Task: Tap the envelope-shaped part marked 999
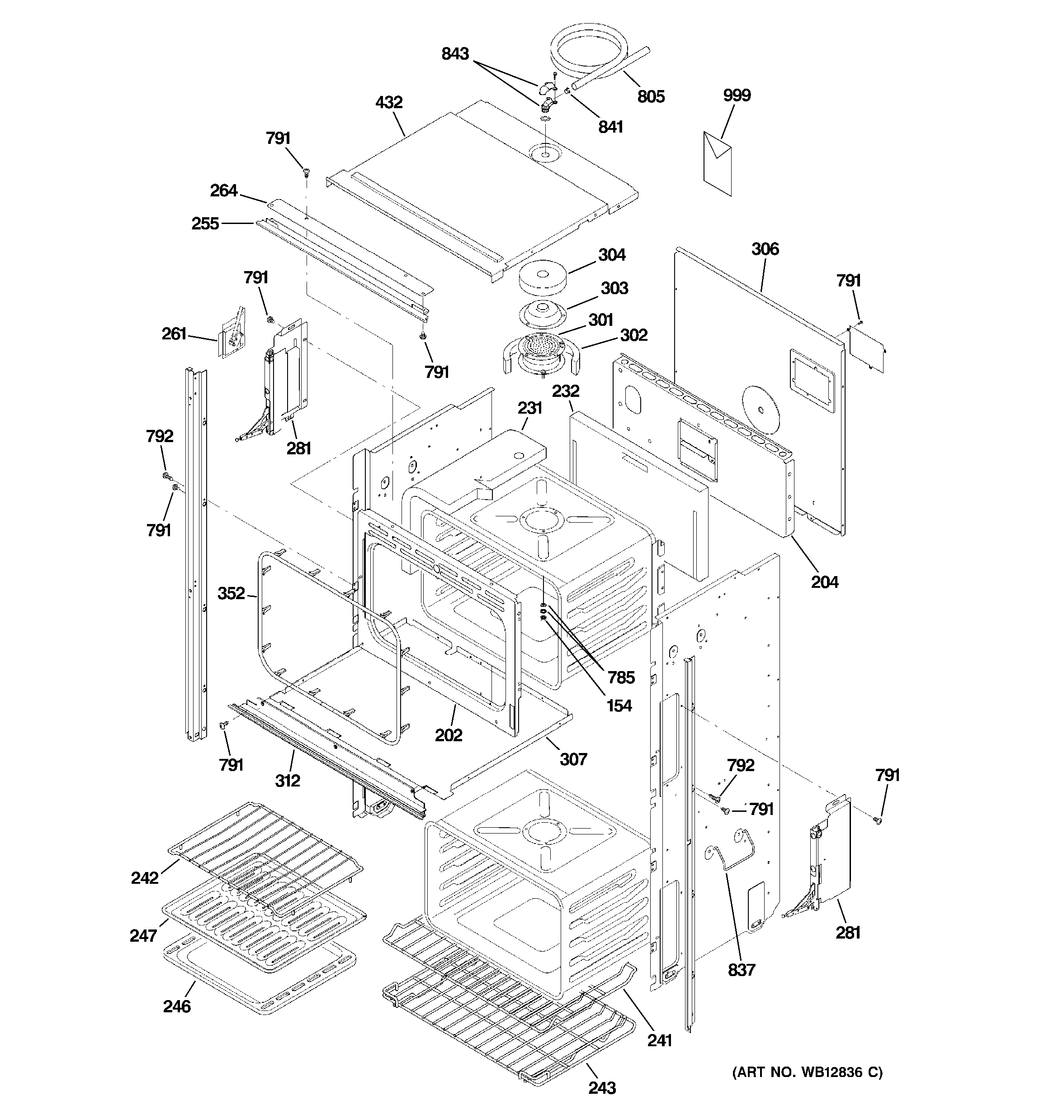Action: (x=718, y=163)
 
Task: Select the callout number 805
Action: (x=651, y=97)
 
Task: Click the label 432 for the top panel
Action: (x=388, y=103)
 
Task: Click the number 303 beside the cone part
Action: (x=614, y=288)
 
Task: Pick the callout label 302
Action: (x=633, y=335)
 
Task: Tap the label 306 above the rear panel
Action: (x=765, y=249)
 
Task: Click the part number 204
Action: (x=824, y=582)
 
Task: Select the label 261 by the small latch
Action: (x=174, y=334)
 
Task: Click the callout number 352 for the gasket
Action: (x=232, y=593)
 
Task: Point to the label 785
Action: (x=621, y=678)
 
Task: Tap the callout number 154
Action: (x=619, y=706)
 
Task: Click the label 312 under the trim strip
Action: (x=287, y=781)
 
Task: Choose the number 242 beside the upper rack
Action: (x=145, y=878)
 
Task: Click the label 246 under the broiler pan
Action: (x=177, y=1006)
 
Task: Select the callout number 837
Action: (x=741, y=970)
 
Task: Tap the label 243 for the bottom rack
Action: (x=602, y=1088)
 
